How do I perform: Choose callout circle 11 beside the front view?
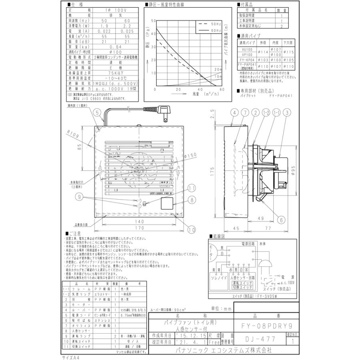[192, 188]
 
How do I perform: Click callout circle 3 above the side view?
[287, 113]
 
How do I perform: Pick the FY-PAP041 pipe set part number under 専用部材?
[281, 96]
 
